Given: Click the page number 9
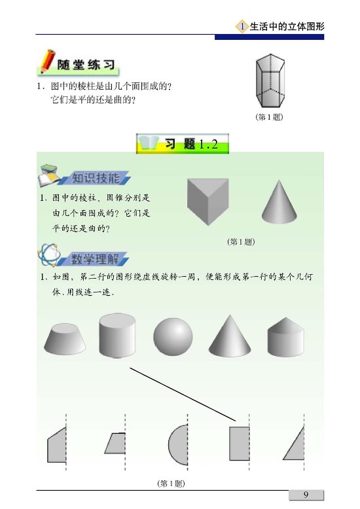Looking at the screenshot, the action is pyautogui.click(x=306, y=495).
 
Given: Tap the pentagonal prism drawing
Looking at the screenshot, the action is pyautogui.click(x=270, y=81).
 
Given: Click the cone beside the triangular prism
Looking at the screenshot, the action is pyautogui.click(x=279, y=202).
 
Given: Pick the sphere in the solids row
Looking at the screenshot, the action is pyautogui.click(x=173, y=337).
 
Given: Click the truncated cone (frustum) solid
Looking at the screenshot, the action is pyautogui.click(x=65, y=339).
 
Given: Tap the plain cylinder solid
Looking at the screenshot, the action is pyautogui.click(x=117, y=336).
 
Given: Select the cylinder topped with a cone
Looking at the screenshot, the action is pyautogui.click(x=285, y=337).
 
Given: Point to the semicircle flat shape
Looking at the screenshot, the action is pyautogui.click(x=178, y=444).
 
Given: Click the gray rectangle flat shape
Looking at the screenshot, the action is pyautogui.click(x=240, y=444).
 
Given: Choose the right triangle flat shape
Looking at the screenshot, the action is pyautogui.click(x=294, y=444).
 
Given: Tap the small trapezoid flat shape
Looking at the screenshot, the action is pyautogui.click(x=115, y=443).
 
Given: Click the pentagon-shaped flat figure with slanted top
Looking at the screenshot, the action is pyautogui.click(x=57, y=444).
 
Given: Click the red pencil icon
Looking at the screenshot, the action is pyautogui.click(x=47, y=61).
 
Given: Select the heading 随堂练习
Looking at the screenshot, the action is pyautogui.click(x=86, y=65).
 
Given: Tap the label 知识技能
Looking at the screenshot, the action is pyautogui.click(x=96, y=178).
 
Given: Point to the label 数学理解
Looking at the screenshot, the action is pyautogui.click(x=95, y=259).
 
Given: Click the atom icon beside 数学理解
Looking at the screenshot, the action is pyautogui.click(x=49, y=255).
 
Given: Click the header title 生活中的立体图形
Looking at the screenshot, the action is pyautogui.click(x=287, y=26).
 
